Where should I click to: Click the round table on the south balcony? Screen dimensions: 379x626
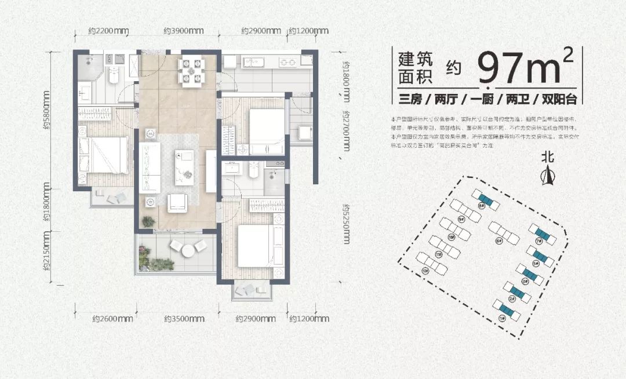pyautogui.click(x=188, y=251)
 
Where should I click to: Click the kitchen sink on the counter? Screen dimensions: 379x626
pyautogui.click(x=253, y=61)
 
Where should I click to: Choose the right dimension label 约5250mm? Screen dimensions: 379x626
pyautogui.click(x=346, y=224)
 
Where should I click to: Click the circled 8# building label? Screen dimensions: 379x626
pyautogui.click(x=481, y=205)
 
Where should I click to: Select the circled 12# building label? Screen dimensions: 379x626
pyautogui.click(x=426, y=271)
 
